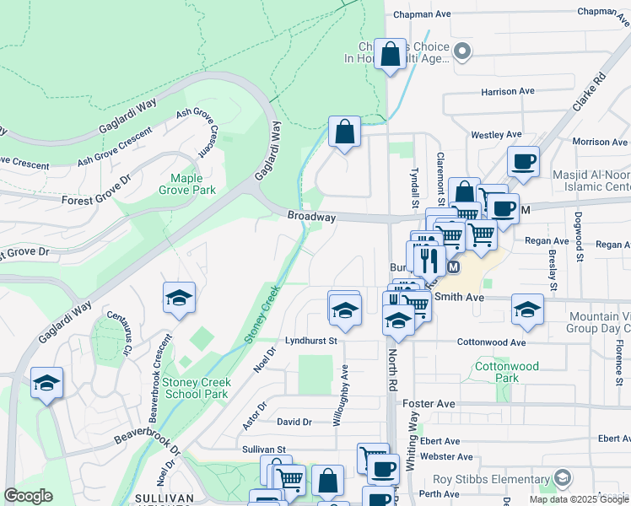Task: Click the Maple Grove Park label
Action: (192, 184)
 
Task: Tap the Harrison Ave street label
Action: (508, 91)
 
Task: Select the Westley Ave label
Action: (497, 135)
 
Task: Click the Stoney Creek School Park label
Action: (196, 388)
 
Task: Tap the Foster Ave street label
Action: (429, 404)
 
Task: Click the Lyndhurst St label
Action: (310, 342)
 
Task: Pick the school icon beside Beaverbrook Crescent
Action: (180, 299)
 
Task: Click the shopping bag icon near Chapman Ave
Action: (391, 56)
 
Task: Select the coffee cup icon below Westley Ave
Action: (523, 161)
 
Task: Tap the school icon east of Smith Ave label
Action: (527, 310)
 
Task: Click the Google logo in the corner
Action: (28, 496)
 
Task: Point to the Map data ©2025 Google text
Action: (579, 499)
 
